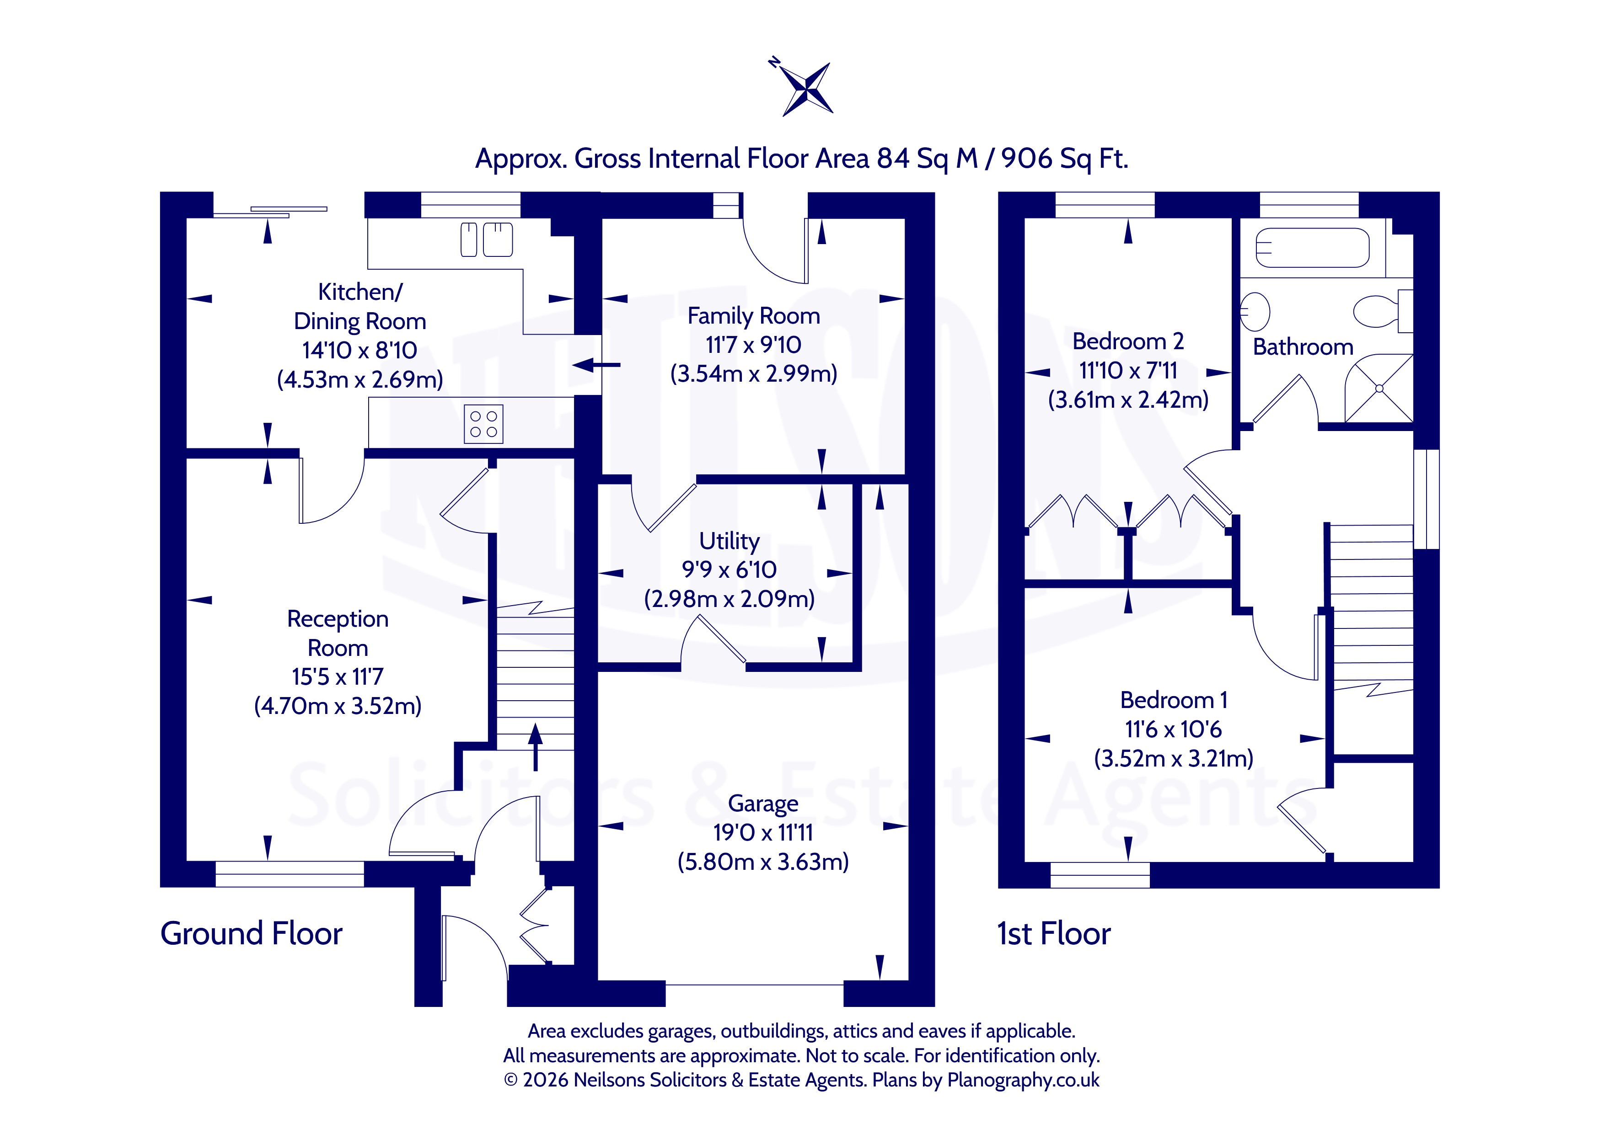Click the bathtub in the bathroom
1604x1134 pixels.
(1312, 248)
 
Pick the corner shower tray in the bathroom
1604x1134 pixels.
(1379, 388)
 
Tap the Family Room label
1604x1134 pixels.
(754, 316)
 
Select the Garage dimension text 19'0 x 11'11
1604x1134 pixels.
(763, 832)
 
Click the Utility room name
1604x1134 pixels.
(730, 541)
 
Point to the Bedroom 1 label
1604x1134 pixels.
(1174, 700)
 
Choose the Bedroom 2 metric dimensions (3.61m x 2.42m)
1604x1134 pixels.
(1128, 399)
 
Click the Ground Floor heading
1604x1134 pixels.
(252, 934)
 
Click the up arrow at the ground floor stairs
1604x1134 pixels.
(536, 746)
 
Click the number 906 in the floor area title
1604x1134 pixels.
(1026, 159)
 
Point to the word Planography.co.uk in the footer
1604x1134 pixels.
(1024, 1080)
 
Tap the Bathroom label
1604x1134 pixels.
(1303, 347)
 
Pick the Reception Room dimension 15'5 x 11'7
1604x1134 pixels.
(338, 676)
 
